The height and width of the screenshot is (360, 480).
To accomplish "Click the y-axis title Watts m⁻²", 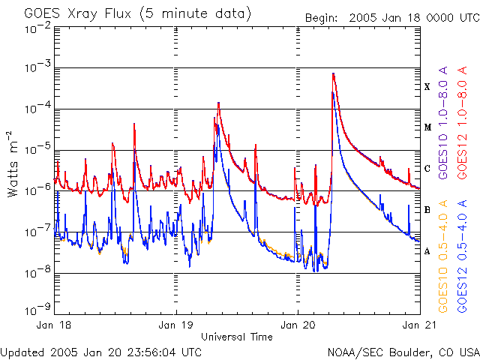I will click(x=13, y=163).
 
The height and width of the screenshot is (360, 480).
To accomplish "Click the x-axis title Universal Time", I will click(x=237, y=337).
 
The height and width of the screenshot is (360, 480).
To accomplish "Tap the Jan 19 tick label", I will click(x=177, y=326).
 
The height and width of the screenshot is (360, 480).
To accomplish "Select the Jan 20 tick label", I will click(x=298, y=326).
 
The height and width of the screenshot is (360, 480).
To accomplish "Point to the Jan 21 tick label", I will click(x=418, y=326).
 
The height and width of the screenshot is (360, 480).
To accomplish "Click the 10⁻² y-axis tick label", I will click(x=37, y=27).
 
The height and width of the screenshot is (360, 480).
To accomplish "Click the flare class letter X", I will click(x=427, y=87).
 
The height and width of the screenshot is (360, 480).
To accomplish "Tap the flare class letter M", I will click(x=427, y=127).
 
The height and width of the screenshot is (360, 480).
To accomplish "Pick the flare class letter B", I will click(x=427, y=210).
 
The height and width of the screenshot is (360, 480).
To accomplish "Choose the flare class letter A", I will click(x=427, y=251).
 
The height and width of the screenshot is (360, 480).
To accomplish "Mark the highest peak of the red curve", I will click(x=333, y=73).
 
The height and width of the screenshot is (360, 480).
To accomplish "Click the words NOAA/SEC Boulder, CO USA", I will click(x=403, y=352).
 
